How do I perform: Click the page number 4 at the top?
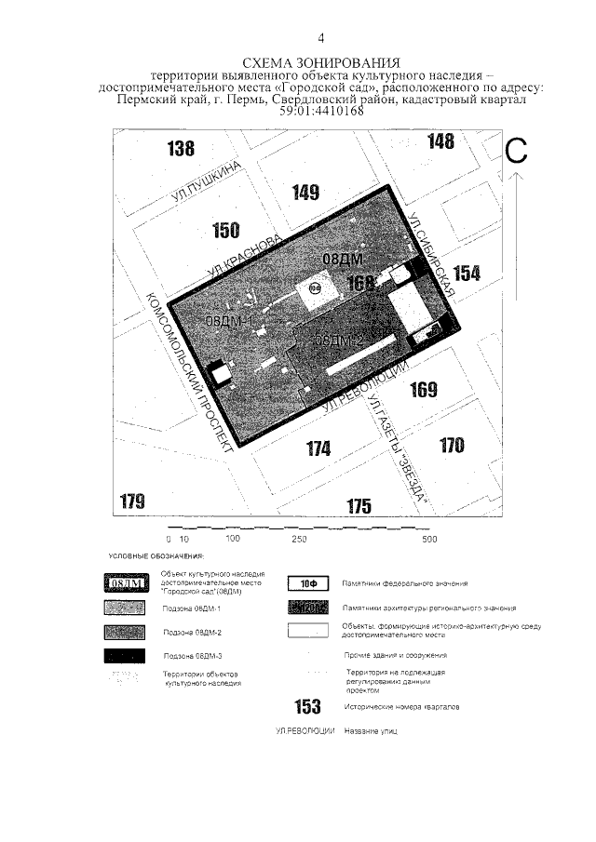point(320,38)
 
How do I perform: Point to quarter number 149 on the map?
point(305,193)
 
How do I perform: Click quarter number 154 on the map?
point(467,273)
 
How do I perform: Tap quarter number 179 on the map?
point(133,502)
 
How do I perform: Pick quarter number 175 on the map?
point(359,506)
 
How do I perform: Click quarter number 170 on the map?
point(452,445)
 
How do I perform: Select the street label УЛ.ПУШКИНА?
point(207,181)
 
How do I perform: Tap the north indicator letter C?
point(518,152)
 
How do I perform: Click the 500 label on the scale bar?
point(429,539)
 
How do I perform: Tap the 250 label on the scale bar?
point(300,539)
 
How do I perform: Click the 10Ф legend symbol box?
point(308,583)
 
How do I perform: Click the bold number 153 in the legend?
point(307,708)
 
